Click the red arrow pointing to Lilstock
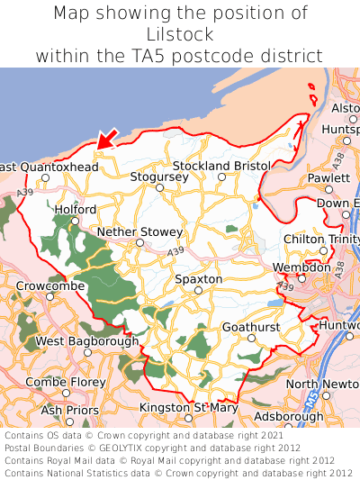[x=106, y=138]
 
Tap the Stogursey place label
[x=159, y=177]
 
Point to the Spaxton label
[x=198, y=279]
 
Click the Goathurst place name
[x=251, y=326]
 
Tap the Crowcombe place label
[x=50, y=285]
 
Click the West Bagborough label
[x=87, y=341]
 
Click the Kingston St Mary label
[x=189, y=408]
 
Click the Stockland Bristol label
[x=221, y=167]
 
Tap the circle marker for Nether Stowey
[x=139, y=242]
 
